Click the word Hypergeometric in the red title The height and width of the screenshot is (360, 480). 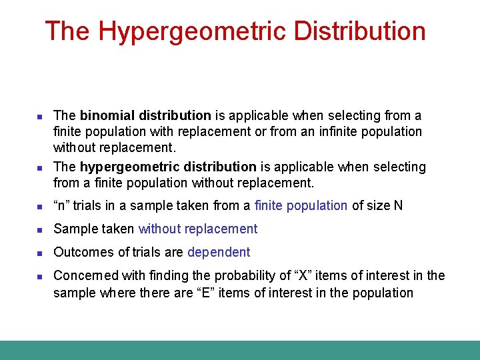click(195, 31)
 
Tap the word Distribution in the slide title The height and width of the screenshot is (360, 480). click(359, 31)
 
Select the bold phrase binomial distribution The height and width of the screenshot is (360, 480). click(145, 116)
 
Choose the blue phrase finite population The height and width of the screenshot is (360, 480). click(301, 206)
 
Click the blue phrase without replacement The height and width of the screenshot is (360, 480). click(197, 229)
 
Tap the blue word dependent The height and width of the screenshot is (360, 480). click(219, 253)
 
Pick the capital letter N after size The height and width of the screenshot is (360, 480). click(398, 206)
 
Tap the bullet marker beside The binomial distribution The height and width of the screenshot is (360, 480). click(39, 117)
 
